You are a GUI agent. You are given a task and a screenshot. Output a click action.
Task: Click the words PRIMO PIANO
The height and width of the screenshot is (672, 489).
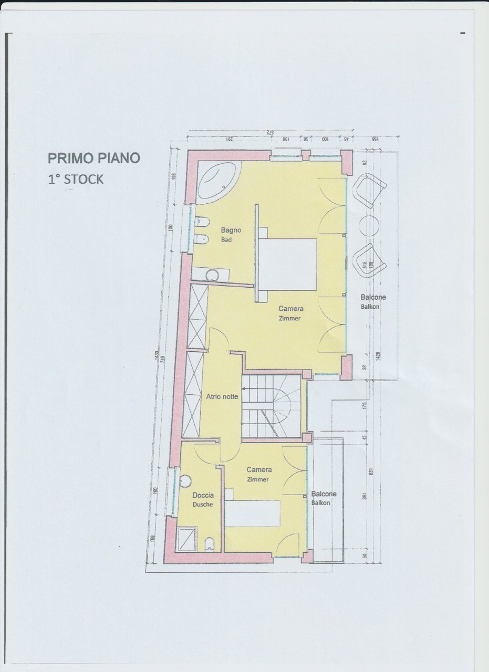(94, 157)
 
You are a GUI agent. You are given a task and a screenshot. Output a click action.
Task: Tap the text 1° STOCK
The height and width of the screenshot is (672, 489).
(76, 179)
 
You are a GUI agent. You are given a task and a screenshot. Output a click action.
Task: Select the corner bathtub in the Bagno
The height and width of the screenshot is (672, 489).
(217, 181)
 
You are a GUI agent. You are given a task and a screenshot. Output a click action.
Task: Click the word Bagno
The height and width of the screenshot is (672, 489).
(231, 230)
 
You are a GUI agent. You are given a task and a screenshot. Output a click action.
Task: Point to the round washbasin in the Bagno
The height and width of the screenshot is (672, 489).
(212, 275)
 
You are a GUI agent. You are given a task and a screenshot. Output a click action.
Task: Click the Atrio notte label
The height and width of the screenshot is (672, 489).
(222, 397)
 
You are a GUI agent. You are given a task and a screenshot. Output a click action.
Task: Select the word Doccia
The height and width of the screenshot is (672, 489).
(203, 495)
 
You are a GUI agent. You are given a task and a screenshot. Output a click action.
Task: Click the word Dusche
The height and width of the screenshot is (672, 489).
(203, 505)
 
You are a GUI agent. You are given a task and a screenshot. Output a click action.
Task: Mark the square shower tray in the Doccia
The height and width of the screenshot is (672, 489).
(185, 539)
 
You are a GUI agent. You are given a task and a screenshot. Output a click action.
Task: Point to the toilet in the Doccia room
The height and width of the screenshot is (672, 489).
(210, 543)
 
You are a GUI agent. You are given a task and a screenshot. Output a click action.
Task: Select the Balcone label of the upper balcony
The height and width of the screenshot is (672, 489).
(373, 297)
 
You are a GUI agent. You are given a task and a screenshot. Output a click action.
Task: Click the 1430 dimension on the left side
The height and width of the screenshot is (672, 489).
(156, 358)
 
